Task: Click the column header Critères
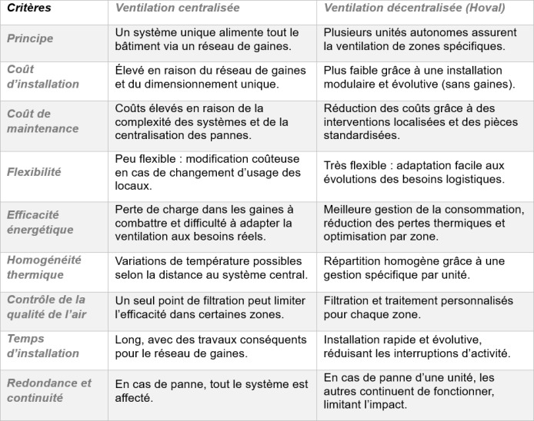click(29, 8)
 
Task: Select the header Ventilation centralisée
click(177, 8)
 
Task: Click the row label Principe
click(30, 38)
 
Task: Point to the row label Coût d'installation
click(43, 76)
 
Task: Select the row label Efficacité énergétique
click(40, 222)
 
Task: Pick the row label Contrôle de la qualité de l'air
click(46, 307)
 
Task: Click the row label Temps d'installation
click(43, 346)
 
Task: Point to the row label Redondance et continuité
click(49, 390)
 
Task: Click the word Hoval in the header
click(486, 8)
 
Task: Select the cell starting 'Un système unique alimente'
click(206, 38)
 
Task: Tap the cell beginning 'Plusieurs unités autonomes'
click(414, 38)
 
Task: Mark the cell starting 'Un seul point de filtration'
click(210, 307)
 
